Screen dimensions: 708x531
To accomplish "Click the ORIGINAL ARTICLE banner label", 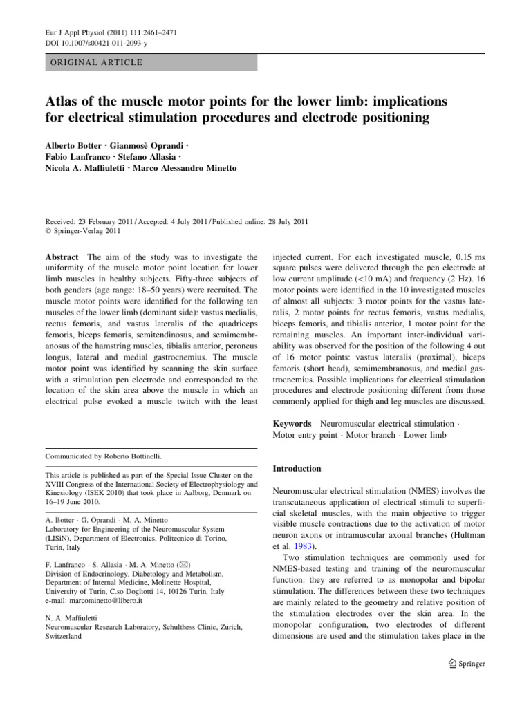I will tap(93, 62).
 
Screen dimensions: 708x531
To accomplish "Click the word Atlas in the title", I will tap(64, 102).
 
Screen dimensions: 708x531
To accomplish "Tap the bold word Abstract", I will tap(62, 257).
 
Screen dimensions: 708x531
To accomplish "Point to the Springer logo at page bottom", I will tap(468, 664).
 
